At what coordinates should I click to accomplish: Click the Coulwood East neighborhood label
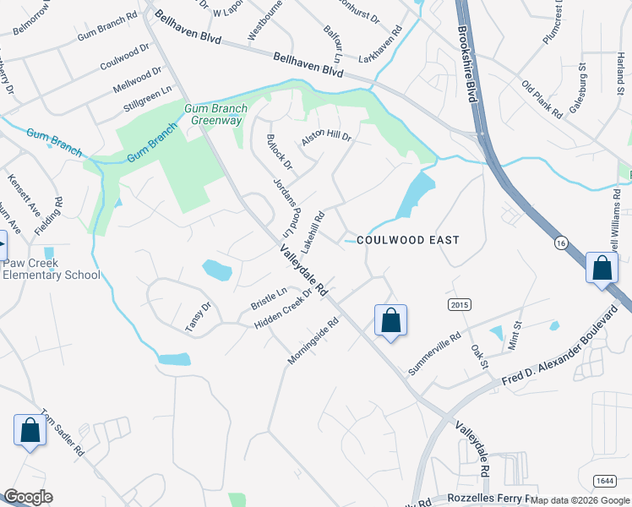pyautogui.click(x=408, y=240)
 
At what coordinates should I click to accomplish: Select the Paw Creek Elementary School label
pyautogui.click(x=51, y=269)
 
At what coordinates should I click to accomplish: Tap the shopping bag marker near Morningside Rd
pyautogui.click(x=390, y=321)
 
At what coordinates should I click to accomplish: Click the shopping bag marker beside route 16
pyautogui.click(x=602, y=269)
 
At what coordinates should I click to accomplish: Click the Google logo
pyautogui.click(x=28, y=497)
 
